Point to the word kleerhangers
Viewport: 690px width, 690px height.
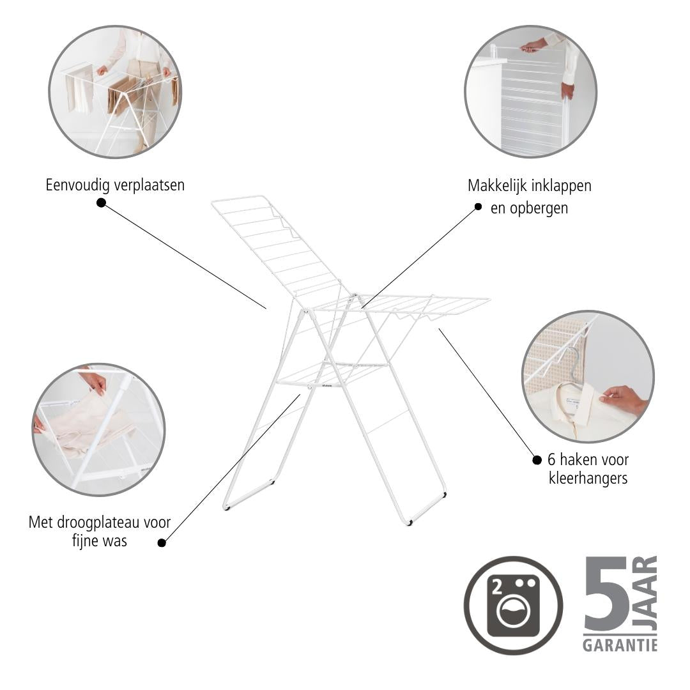588,478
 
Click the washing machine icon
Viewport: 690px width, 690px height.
513,605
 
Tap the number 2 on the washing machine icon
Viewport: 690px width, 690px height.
498,588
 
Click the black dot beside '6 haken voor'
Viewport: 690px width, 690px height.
537,460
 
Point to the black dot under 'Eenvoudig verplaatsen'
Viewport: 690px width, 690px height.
101,203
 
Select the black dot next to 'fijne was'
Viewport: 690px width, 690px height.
162,542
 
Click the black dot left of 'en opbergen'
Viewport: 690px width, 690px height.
479,207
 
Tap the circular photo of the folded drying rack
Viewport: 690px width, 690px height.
531,91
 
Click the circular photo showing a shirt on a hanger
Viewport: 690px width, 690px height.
588,377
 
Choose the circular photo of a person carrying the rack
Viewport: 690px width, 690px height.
115,91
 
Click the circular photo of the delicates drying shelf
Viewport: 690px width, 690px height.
98,429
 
